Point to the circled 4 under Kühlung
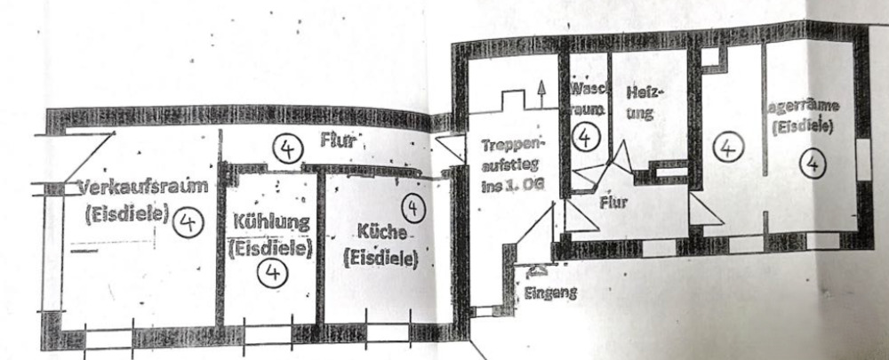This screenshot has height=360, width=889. pyautogui.click(x=272, y=273)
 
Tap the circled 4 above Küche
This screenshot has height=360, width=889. pyautogui.click(x=412, y=207)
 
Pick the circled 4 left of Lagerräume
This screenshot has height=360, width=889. pyautogui.click(x=728, y=147)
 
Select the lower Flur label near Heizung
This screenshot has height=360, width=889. pyautogui.click(x=613, y=202)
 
